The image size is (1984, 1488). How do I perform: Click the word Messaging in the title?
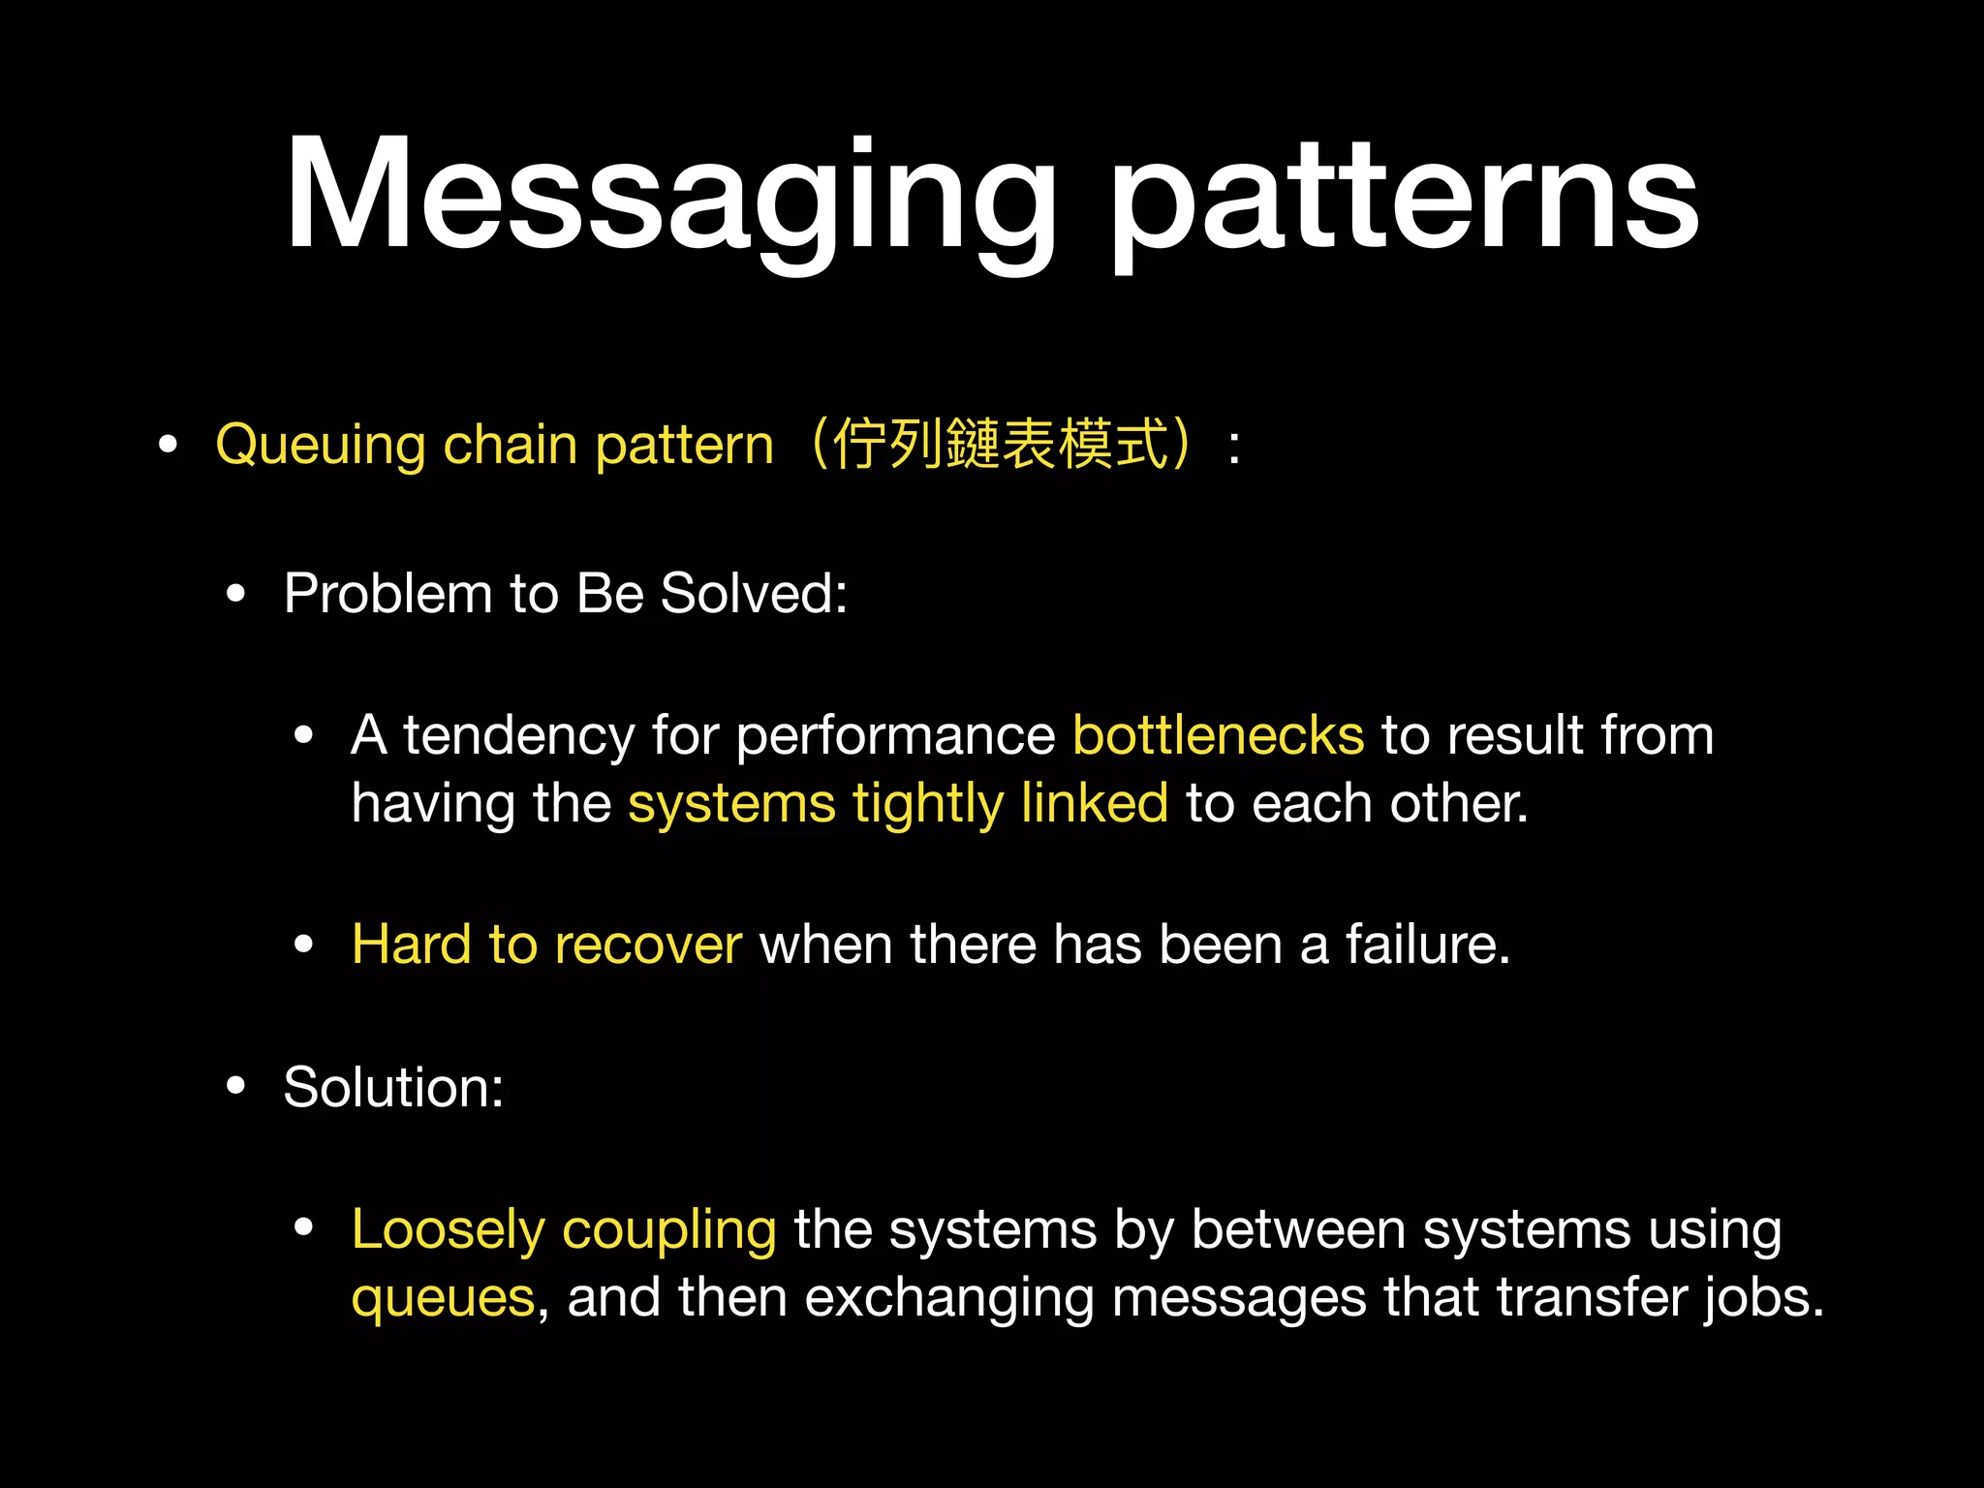668,199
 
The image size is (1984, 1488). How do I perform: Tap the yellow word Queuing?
320,446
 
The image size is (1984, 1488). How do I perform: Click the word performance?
895,736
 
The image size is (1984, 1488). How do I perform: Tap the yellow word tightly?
928,804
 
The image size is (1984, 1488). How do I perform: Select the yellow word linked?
1095,803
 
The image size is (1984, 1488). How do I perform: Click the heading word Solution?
393,1086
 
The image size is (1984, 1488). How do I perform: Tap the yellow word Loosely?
448,1230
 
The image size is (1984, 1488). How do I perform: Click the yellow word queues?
443,1298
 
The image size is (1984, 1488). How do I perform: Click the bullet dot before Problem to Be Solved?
235,594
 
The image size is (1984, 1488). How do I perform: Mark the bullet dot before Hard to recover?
304,945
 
